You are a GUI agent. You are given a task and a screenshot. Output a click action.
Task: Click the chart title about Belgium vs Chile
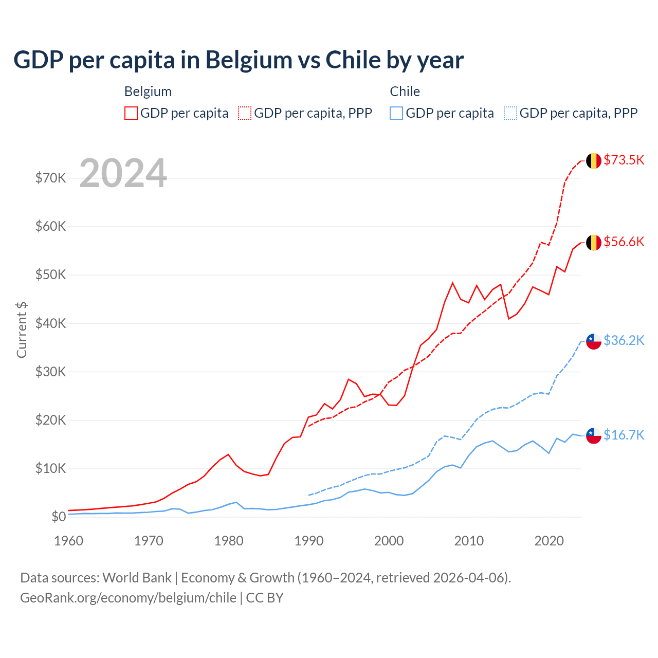(239, 60)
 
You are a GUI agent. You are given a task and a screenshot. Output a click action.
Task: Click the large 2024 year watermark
(123, 173)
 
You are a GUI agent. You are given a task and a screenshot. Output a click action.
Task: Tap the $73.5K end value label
(624, 160)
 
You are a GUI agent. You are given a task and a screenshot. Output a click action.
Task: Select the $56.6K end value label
(624, 242)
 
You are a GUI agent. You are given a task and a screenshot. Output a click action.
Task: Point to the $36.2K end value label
(624, 340)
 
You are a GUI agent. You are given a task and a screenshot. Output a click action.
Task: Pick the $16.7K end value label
(624, 435)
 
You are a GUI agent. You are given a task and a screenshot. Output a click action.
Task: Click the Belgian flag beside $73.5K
(594, 160)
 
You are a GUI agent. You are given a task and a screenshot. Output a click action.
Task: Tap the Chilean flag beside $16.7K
(594, 435)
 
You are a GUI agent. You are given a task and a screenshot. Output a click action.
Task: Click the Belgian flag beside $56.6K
(594, 242)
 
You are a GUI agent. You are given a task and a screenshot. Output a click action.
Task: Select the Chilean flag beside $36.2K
(594, 341)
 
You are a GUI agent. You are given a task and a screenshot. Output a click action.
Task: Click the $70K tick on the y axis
(50, 178)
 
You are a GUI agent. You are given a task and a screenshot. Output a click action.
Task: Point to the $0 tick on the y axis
(59, 517)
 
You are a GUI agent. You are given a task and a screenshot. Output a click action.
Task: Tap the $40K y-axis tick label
(50, 323)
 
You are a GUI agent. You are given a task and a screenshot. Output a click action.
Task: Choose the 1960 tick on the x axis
(69, 541)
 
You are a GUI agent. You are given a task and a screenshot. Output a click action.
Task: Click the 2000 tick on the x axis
(389, 541)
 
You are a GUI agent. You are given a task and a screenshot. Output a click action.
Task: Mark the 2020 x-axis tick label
(549, 541)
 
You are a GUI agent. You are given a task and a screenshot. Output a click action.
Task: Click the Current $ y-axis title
(22, 330)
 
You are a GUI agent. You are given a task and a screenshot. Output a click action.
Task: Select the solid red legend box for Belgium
(131, 113)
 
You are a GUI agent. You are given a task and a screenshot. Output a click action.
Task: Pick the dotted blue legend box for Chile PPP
(510, 113)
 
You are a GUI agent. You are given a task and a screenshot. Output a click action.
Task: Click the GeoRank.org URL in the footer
(128, 598)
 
